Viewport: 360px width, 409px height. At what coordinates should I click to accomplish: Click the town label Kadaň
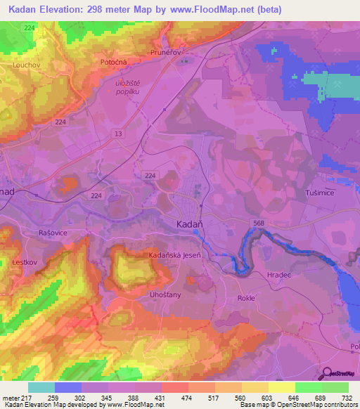pos(188,224)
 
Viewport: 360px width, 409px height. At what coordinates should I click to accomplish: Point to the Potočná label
pos(113,63)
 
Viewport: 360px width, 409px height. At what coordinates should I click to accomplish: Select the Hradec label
pos(280,275)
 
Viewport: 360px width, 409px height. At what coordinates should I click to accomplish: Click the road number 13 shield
pos(117,133)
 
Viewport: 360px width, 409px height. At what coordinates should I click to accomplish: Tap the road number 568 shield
pos(259,222)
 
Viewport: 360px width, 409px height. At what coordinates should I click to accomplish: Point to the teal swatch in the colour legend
pos(41,387)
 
